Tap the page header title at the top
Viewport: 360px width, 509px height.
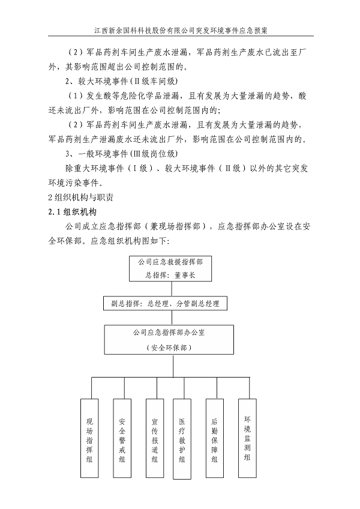point(180,28)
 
